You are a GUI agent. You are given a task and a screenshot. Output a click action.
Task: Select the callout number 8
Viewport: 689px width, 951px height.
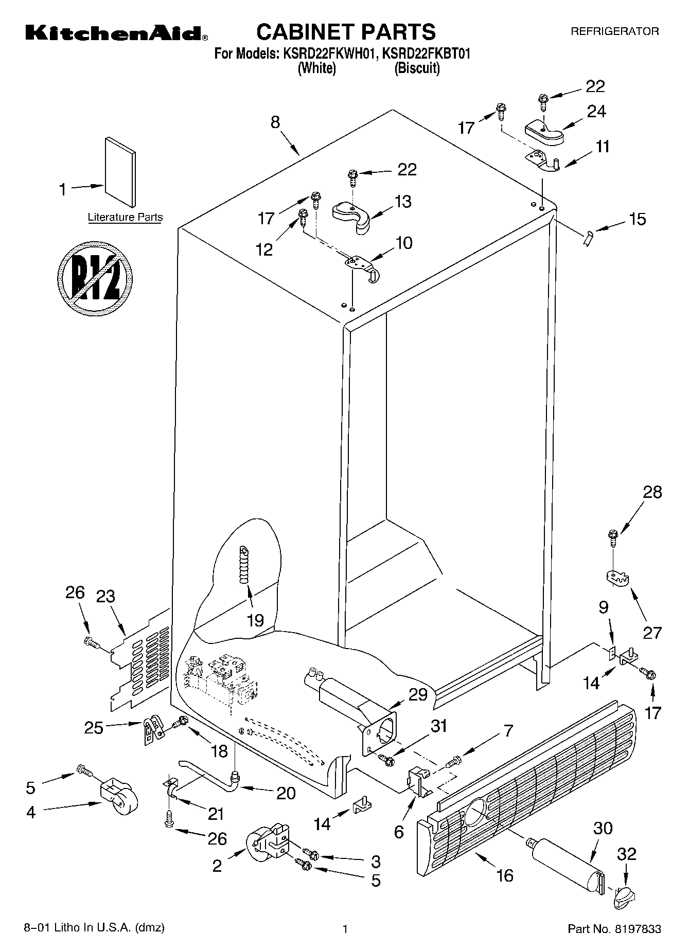click(275, 122)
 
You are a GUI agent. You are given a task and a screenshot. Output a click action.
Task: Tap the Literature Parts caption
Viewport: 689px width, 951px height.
click(125, 217)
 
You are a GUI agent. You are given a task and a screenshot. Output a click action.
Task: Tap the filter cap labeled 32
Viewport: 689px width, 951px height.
click(623, 897)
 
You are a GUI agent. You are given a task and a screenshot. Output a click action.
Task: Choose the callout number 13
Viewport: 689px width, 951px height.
click(403, 201)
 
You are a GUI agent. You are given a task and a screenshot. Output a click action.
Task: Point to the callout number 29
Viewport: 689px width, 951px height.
click(417, 694)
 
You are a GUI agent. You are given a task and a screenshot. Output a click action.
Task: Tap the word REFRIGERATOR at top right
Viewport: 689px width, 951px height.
click(614, 31)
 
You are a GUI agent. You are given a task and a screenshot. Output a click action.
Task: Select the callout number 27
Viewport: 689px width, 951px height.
click(652, 632)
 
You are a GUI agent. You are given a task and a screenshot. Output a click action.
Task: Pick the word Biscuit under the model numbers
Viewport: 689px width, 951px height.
click(417, 68)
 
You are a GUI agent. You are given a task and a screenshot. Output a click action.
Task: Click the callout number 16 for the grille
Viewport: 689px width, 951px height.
click(505, 875)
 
